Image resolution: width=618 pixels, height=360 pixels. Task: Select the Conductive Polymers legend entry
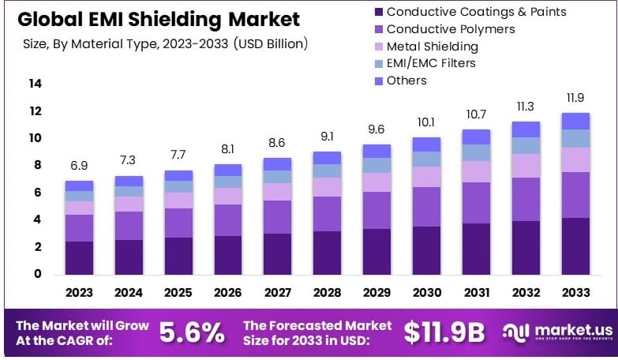(x=450, y=29)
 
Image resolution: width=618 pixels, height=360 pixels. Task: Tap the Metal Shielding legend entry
(x=438, y=47)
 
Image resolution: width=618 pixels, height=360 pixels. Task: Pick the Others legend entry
(x=406, y=81)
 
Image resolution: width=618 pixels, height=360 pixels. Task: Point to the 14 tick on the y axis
(x=36, y=84)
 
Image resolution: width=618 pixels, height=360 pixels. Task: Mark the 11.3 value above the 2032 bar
(x=525, y=105)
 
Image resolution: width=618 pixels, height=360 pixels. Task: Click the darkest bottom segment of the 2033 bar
(x=575, y=246)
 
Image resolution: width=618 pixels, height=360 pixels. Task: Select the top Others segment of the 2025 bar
(x=178, y=175)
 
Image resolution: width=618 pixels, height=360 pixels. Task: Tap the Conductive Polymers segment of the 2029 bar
(x=376, y=210)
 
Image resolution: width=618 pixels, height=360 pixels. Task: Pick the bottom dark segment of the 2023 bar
(x=79, y=257)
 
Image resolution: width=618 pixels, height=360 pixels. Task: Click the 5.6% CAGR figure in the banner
(x=192, y=332)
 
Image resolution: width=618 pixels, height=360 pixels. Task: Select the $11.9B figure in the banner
(x=444, y=332)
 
